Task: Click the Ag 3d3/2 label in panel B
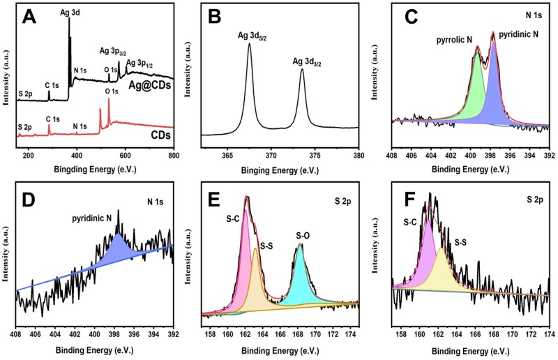(310, 61)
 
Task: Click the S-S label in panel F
(461, 243)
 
